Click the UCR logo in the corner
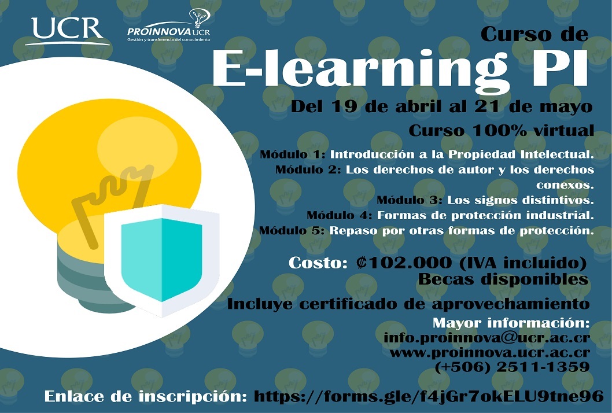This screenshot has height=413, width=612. point(68,31)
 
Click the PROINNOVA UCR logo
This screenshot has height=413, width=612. point(168,26)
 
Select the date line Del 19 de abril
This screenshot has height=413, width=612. point(442,106)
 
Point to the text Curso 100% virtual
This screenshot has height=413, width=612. point(501,131)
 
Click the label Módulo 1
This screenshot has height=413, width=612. point(292,154)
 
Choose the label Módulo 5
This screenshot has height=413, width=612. point(292,230)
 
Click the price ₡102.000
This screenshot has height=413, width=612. point(404,263)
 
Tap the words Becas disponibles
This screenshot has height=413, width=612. point(503,279)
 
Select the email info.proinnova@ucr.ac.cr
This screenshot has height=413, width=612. point(486,338)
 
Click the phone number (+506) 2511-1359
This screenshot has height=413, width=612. point(512,367)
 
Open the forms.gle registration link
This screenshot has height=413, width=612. point(429,397)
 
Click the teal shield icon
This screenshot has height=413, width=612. point(161,260)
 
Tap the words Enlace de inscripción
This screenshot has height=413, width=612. point(145,397)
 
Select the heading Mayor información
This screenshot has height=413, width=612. point(511,323)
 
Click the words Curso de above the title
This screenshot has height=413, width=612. point(534,34)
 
